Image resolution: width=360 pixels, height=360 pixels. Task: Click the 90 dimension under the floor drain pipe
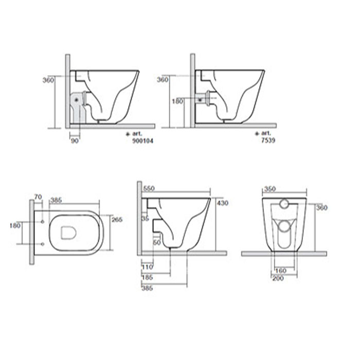pos(74,140)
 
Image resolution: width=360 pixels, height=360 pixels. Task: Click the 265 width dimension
pos(117,220)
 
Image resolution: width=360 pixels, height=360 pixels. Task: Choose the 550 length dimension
pos(150,188)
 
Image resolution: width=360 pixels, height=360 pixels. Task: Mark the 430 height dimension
pos(222,203)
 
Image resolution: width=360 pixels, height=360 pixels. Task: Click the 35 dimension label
pos(145,218)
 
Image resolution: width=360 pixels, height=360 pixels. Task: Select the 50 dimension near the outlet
pos(157,242)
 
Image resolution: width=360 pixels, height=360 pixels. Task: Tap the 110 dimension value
pos(148,268)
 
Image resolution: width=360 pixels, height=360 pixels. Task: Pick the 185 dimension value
pos(148,278)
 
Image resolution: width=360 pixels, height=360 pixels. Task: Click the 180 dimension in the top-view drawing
pos(15,225)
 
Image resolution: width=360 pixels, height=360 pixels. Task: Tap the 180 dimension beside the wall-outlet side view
pos(177,101)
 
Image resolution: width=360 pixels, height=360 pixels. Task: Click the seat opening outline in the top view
pos(69,233)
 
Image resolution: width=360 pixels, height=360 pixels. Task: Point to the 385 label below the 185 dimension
pos(148,288)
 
